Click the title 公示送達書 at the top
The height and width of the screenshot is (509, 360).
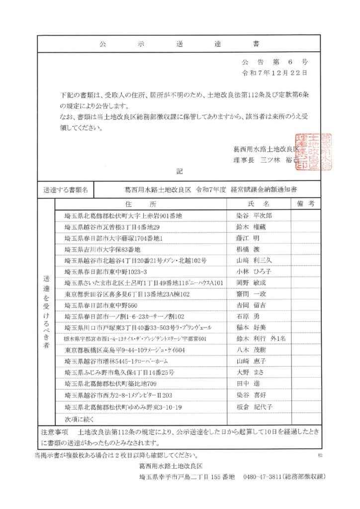(x=180, y=44)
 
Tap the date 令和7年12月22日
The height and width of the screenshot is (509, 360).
(x=274, y=73)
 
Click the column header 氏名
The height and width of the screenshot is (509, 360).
(x=259, y=204)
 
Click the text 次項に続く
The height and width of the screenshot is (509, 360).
(x=79, y=419)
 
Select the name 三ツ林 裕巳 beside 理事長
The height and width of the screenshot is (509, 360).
(x=279, y=160)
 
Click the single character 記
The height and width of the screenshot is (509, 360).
(x=180, y=171)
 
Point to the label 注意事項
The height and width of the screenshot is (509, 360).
(x=54, y=432)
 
